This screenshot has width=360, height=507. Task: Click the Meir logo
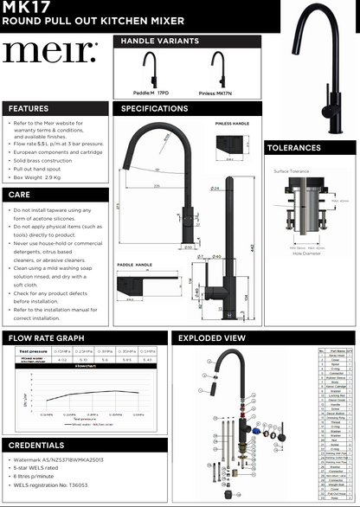pos(49,53)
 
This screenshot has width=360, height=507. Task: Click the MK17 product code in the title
pos(20,6)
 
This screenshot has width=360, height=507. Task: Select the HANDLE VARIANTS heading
pos(160,41)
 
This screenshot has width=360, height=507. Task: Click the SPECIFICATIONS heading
pos(155,109)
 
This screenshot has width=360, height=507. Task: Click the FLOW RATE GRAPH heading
pos(47,338)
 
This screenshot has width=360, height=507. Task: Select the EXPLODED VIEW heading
pos(211,338)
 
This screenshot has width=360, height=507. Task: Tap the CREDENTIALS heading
pos(36,445)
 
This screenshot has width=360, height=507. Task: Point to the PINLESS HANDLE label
pos(232,125)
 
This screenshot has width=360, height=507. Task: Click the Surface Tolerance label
pos(292,171)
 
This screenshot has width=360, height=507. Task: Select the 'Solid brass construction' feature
pos(43,160)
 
